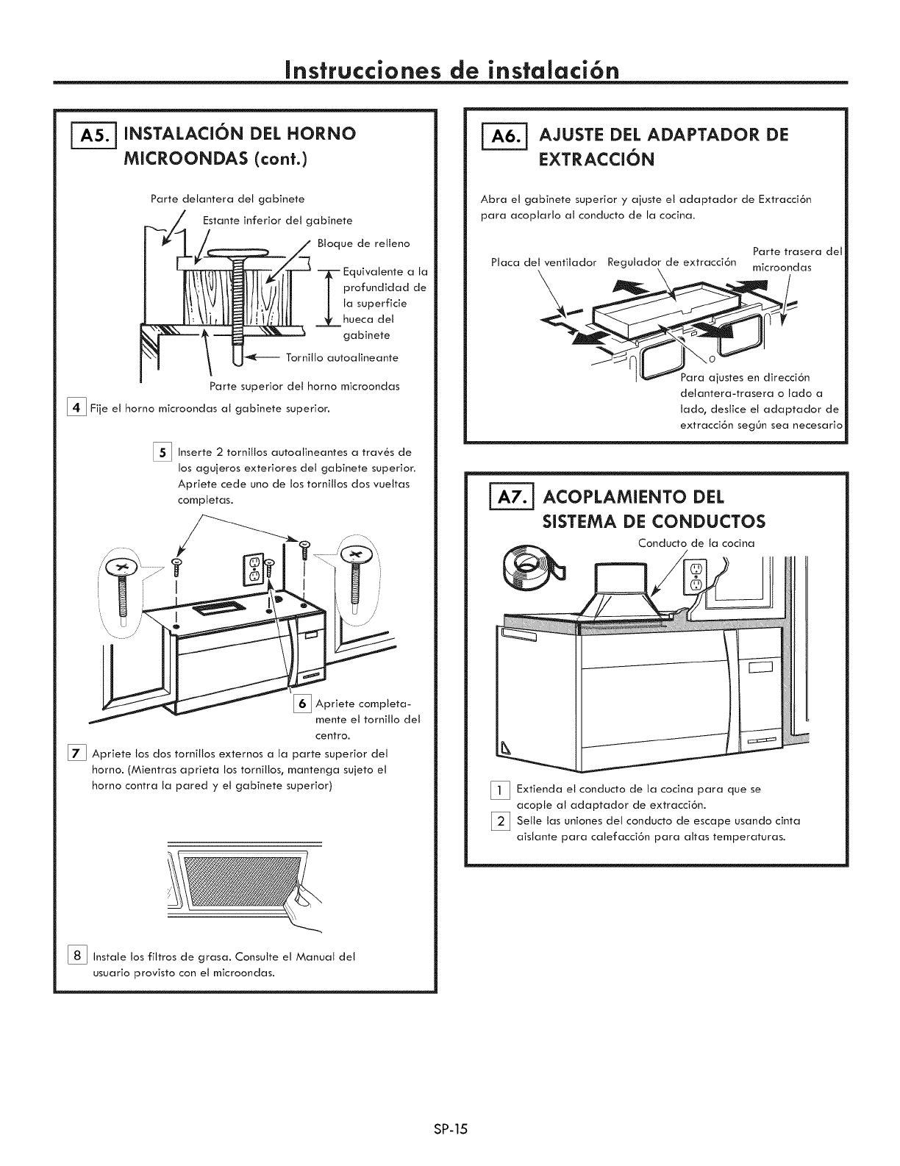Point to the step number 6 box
pos(301,704)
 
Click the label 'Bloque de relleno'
pos(363,243)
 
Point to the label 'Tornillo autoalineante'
pos(342,358)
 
